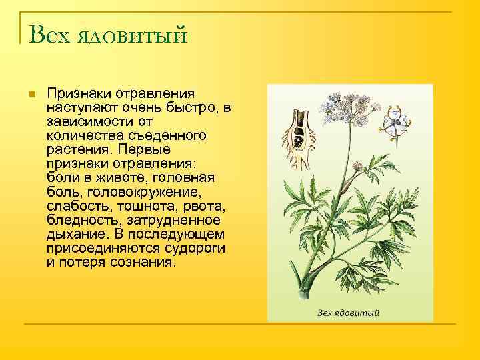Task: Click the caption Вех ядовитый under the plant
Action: [348, 312]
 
